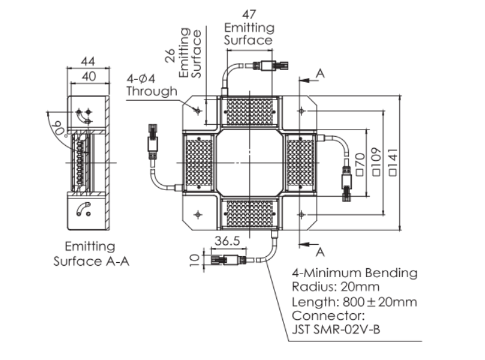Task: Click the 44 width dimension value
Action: point(88,62)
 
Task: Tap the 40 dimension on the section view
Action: point(89,76)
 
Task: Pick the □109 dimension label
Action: point(376,163)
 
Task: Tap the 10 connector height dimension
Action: point(193,260)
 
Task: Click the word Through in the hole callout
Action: point(152,91)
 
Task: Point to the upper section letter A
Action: point(320,73)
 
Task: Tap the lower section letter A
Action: point(320,251)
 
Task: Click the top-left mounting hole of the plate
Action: point(197,110)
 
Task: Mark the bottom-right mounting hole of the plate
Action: point(302,215)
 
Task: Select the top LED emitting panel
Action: point(249,111)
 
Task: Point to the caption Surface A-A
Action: point(91,262)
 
